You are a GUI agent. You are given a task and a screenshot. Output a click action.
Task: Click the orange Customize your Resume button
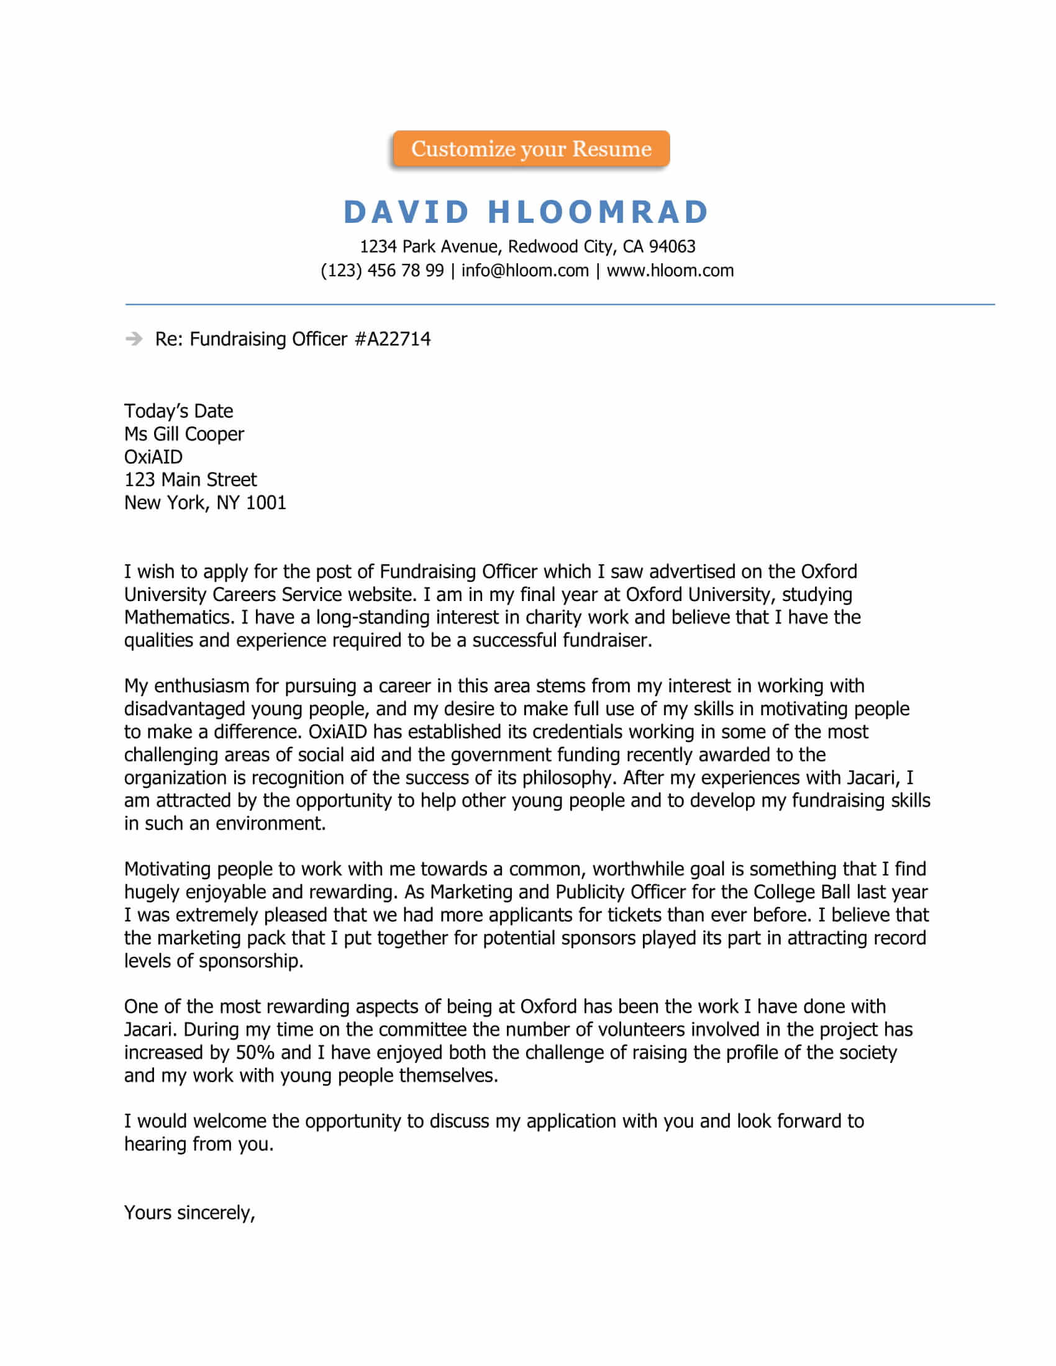[530, 149]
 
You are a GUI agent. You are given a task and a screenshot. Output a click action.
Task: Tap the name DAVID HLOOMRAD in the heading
[526, 212]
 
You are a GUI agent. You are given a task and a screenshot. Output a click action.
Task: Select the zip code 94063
[672, 247]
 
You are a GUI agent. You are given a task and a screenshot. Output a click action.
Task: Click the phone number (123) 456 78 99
[381, 271]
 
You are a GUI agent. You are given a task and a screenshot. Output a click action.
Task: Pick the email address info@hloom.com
[525, 271]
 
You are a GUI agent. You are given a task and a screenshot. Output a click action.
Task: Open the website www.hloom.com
[670, 271]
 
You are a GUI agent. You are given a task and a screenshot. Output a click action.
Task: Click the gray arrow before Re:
[134, 339]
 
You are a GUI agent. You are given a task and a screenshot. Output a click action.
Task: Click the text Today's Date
[178, 411]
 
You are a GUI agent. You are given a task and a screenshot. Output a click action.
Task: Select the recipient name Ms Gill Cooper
[184, 434]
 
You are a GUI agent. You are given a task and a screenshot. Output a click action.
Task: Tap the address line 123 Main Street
[190, 480]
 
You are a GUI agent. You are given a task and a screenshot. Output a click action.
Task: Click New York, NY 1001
[204, 503]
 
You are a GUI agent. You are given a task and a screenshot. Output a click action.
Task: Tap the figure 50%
[255, 1052]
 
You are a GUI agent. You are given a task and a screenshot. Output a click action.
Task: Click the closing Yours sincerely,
[189, 1213]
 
